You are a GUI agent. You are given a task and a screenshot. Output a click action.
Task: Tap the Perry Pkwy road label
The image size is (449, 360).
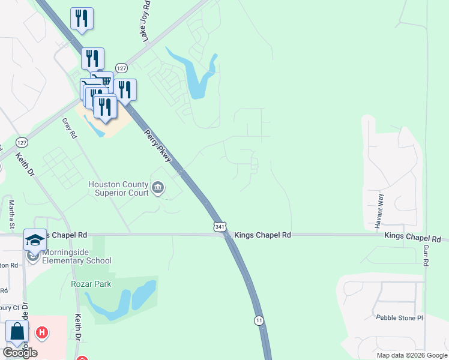tap(159, 146)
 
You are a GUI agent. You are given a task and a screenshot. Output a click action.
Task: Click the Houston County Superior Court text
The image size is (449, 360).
tap(118, 188)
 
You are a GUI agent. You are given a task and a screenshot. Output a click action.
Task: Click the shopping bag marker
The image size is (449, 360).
tap(17, 331)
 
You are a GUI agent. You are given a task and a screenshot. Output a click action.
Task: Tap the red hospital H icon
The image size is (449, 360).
tap(41, 331)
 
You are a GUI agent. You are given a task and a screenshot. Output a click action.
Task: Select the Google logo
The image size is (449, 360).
tap(20, 352)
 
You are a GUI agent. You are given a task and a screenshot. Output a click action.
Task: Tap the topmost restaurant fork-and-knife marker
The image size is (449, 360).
tap(82, 18)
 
